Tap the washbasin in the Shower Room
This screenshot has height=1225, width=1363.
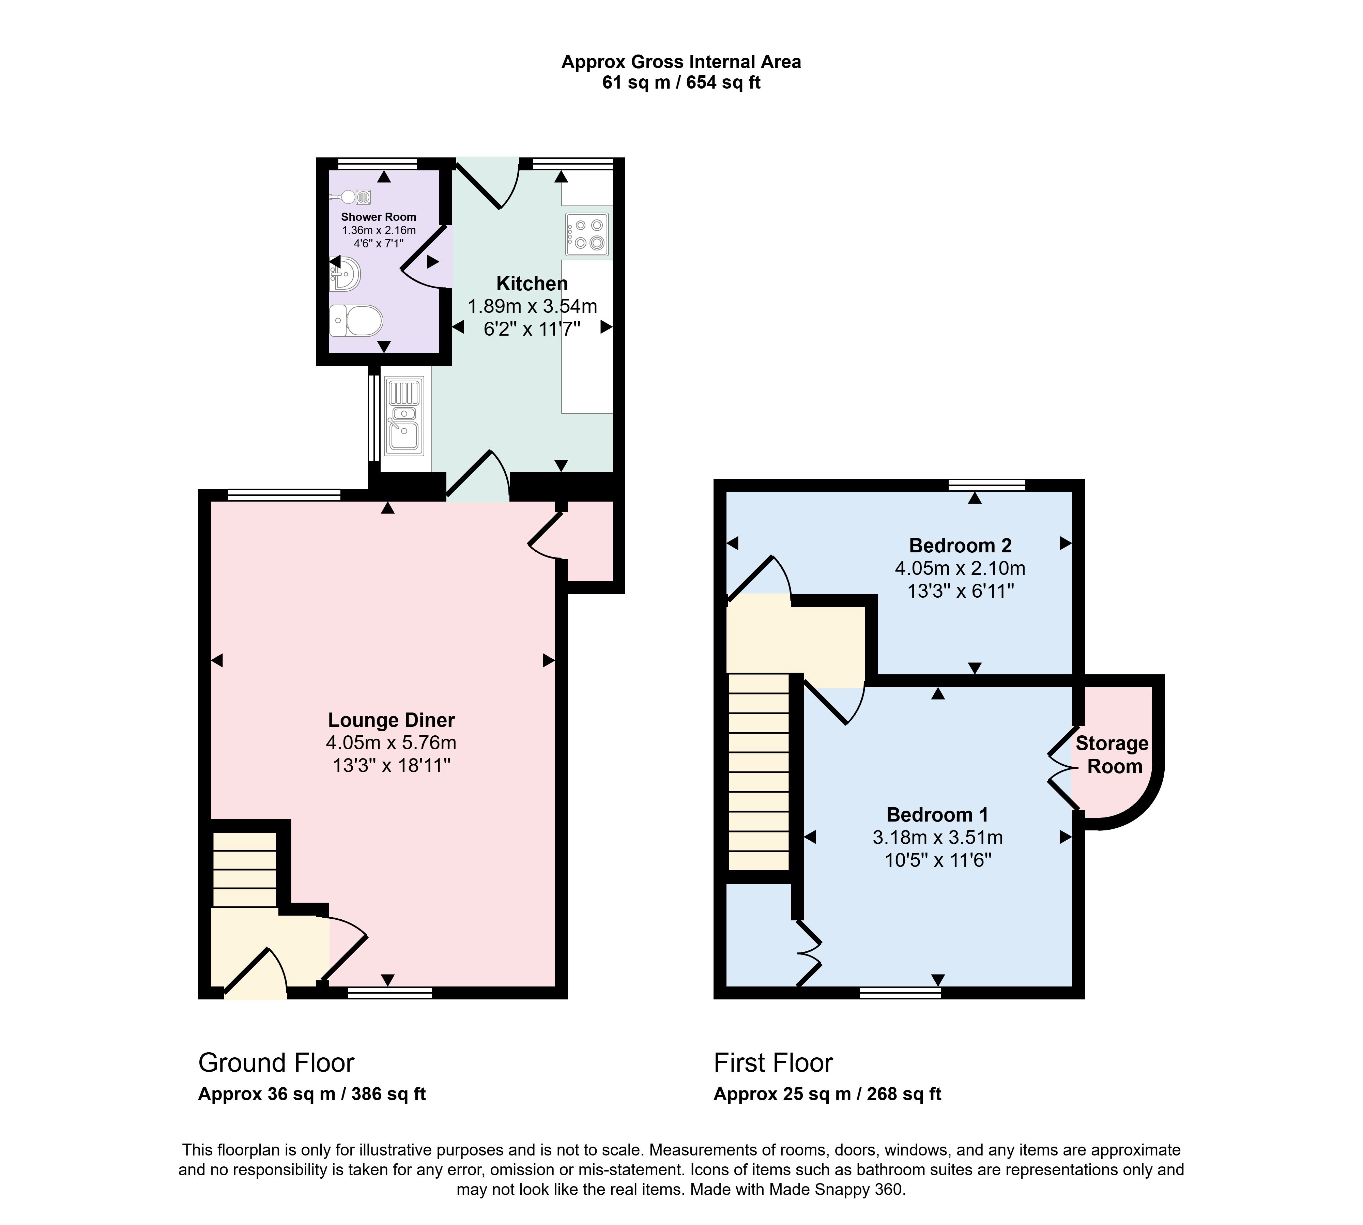[345, 275]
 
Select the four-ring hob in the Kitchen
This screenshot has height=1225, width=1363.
[587, 234]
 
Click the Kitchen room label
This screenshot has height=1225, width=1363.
[532, 284]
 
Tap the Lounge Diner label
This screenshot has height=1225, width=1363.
[391, 720]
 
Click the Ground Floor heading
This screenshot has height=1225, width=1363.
[276, 1063]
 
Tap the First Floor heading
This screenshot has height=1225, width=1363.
[774, 1063]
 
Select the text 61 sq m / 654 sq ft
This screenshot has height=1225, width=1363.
[681, 83]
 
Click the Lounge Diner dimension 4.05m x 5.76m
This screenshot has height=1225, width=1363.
[391, 743]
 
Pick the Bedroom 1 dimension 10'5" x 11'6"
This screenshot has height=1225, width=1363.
[938, 860]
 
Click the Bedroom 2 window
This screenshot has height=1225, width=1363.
[987, 485]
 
